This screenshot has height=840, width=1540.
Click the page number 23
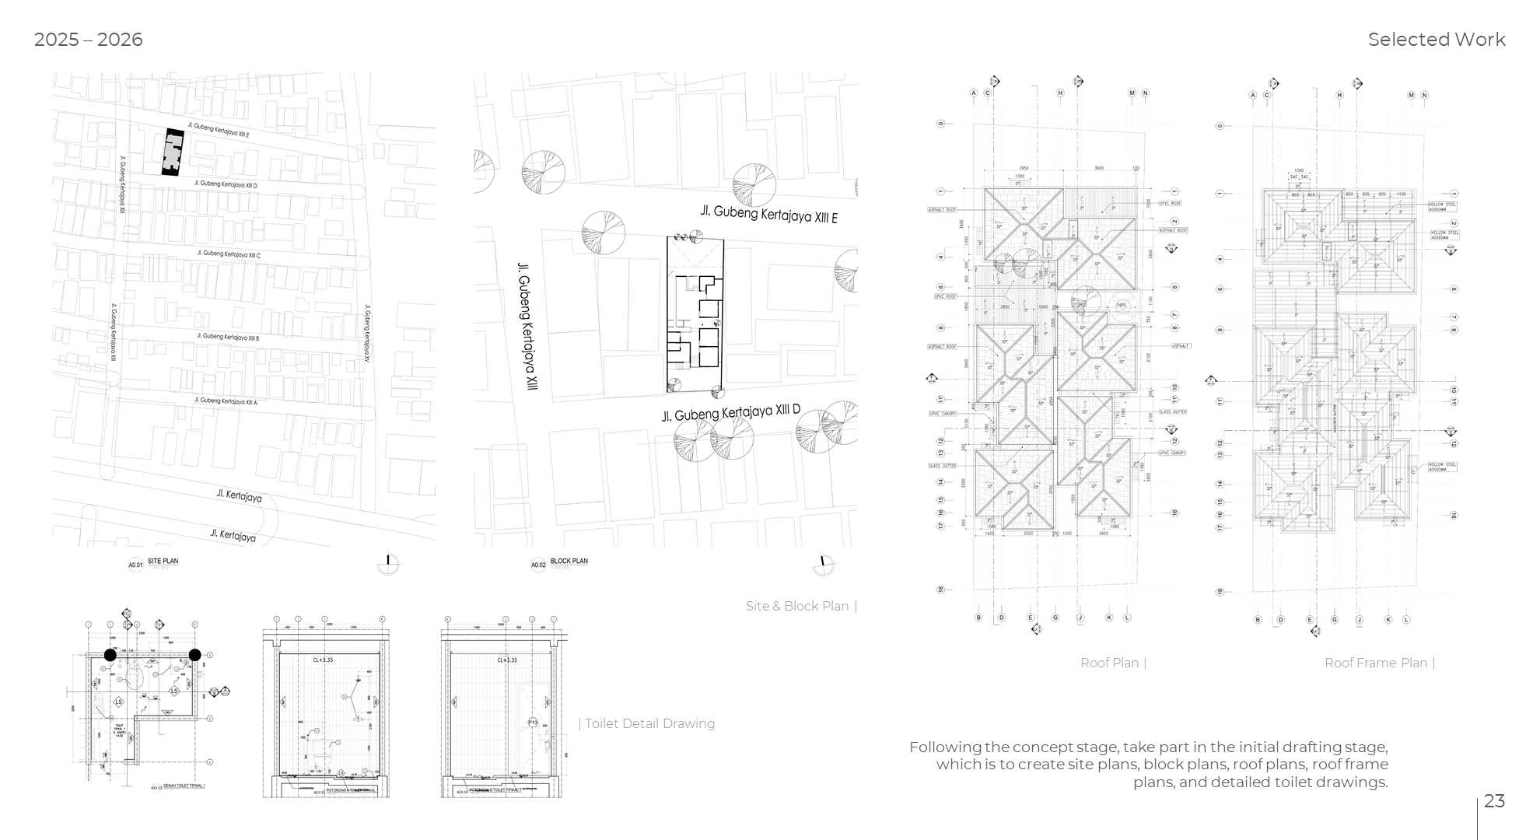click(1494, 801)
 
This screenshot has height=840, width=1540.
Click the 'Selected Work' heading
click(1436, 40)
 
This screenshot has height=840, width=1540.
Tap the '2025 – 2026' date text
click(88, 40)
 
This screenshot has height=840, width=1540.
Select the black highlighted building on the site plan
click(173, 152)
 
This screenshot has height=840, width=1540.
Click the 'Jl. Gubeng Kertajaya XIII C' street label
click(229, 254)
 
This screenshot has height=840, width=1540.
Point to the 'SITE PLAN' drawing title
click(163, 561)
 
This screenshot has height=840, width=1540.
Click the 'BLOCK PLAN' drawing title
click(569, 561)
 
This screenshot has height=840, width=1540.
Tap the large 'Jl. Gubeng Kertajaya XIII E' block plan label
click(768, 213)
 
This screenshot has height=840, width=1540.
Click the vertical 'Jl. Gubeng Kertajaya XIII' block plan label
click(527, 327)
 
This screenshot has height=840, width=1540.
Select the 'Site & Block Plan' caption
click(797, 606)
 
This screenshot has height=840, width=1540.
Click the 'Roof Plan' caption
click(1109, 663)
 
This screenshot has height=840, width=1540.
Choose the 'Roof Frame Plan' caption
click(1375, 663)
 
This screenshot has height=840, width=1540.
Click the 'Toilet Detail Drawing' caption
click(649, 723)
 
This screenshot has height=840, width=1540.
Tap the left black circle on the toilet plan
click(110, 655)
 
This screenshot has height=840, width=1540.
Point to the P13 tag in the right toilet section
click(533, 723)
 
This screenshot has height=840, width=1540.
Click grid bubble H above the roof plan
click(1059, 93)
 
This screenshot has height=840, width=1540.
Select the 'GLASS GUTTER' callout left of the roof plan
click(942, 466)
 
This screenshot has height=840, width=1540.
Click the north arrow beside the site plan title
click(388, 564)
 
